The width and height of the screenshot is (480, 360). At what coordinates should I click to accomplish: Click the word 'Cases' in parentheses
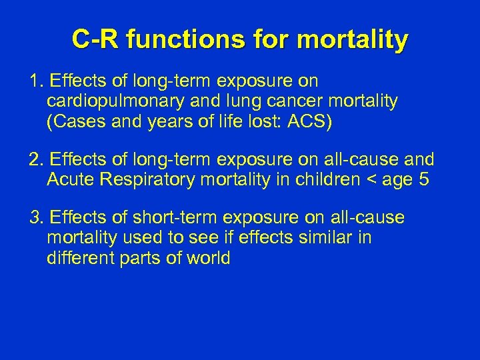click(73, 121)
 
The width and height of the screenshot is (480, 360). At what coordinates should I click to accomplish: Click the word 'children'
click(322, 179)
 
